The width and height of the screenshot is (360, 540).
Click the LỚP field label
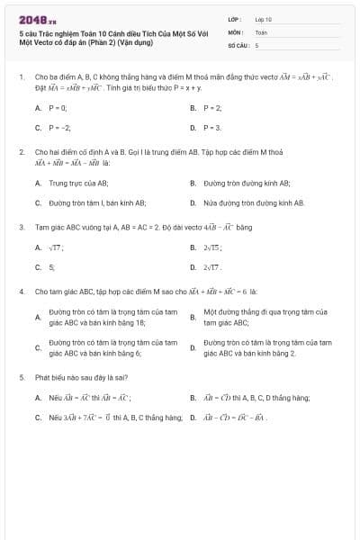coord(233,19)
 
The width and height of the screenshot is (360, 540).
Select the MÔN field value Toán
coord(261,31)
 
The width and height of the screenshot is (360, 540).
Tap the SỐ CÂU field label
coord(237,44)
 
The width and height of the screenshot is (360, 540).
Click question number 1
coord(21,78)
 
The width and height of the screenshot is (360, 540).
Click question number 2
coord(21,153)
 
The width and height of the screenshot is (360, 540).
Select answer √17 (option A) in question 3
coord(56,247)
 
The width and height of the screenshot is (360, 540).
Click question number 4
coord(21,292)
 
